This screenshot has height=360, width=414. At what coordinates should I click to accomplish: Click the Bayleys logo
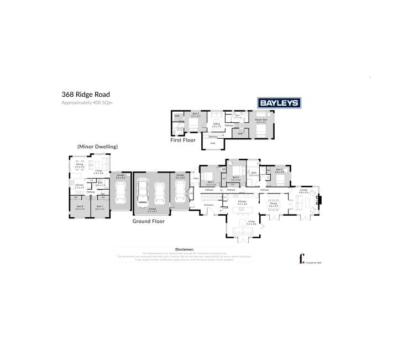pos(279,103)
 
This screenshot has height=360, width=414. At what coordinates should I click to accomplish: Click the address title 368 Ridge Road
pos(85,95)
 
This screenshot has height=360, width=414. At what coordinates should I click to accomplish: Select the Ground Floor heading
pos(148,221)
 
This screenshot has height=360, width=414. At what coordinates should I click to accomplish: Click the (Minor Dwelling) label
pos(98,147)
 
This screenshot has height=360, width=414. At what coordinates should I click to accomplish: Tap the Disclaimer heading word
pos(185,250)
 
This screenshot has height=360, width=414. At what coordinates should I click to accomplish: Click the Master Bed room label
pos(261,120)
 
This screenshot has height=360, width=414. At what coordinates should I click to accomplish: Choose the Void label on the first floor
pos(212,143)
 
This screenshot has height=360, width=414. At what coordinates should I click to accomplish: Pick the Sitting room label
pos(217,124)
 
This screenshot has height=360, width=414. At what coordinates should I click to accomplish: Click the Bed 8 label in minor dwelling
pos(80,206)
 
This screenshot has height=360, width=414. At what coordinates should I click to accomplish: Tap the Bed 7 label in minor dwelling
pos(99,206)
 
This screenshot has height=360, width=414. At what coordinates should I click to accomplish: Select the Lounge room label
pos(303,190)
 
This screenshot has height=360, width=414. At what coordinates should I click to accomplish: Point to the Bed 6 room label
pos(279,169)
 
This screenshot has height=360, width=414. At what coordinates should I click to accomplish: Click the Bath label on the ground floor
pos(254,173)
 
